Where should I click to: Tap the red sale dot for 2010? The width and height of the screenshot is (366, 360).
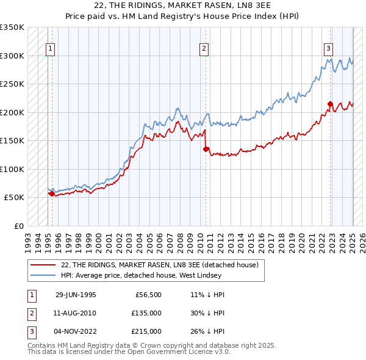pos(206,149)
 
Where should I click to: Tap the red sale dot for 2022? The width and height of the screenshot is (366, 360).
pos(330,104)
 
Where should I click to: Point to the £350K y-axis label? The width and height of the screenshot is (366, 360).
pos(12,27)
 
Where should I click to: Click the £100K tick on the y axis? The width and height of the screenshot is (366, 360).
pos(12,169)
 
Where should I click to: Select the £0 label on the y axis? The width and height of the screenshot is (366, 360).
pos(19,226)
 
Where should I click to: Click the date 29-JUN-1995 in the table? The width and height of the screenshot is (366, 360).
pos(76,295)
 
